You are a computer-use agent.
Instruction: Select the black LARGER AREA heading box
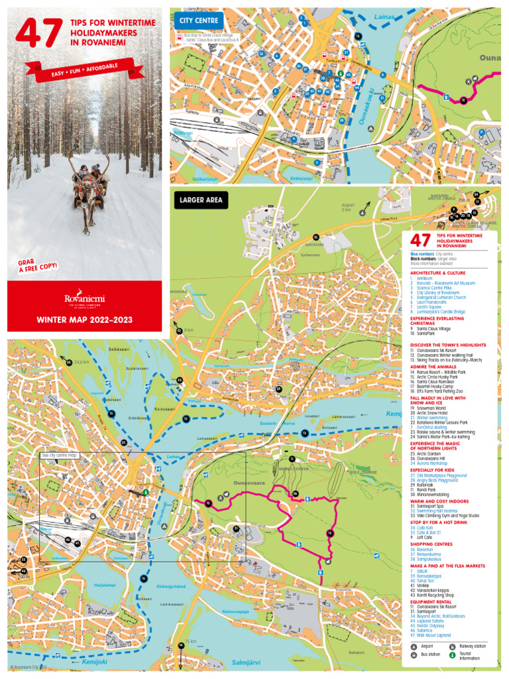pos(199,199)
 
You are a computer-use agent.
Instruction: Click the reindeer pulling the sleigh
pos(85,199)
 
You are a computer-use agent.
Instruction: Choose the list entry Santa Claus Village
pos(433,328)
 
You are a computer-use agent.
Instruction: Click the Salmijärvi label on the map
pos(247,662)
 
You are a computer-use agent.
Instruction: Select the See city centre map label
pos(59,456)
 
